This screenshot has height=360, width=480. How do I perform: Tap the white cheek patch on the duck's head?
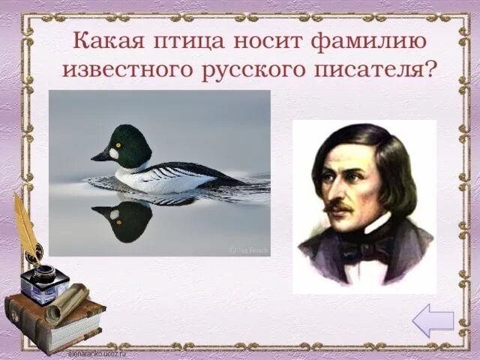(113, 153)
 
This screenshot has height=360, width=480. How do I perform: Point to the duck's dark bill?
(100, 156)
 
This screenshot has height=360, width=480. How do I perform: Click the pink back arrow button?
(433, 321)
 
